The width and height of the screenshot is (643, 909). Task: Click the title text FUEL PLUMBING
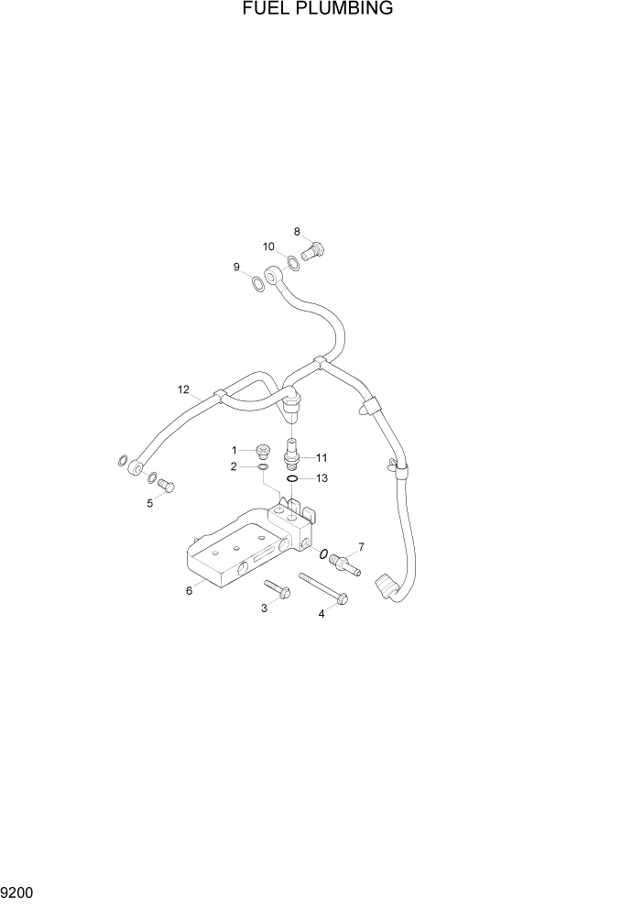click(x=318, y=9)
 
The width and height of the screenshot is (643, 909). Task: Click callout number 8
click(x=298, y=231)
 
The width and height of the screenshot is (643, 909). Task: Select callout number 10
click(x=269, y=246)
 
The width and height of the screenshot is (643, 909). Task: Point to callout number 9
click(x=236, y=267)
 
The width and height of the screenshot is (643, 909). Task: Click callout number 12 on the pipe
click(x=183, y=390)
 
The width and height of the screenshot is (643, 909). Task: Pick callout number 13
click(x=321, y=478)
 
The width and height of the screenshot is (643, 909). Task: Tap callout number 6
click(x=189, y=591)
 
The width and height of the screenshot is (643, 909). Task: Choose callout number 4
click(x=321, y=614)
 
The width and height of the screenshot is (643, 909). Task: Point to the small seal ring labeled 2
click(x=263, y=467)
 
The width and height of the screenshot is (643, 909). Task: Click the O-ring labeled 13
click(x=291, y=478)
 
